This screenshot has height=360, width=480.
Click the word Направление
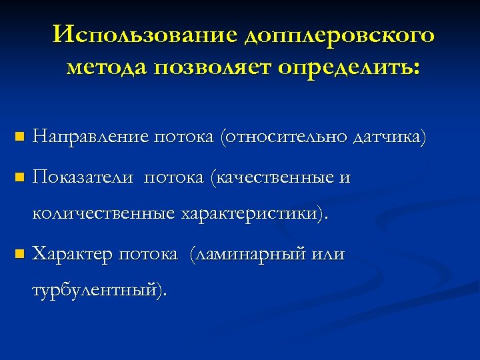(91, 138)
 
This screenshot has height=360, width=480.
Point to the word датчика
(390, 138)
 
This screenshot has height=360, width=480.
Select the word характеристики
(251, 215)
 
